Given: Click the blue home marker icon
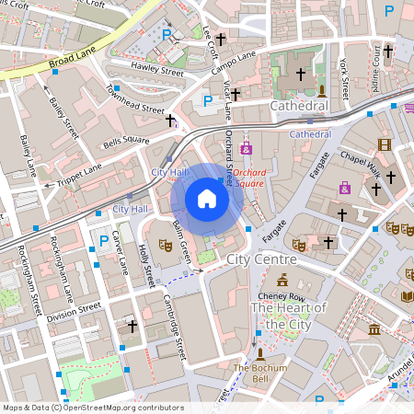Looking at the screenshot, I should (207, 199).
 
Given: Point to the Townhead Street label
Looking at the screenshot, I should (135, 100).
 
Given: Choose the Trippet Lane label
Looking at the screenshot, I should (81, 172).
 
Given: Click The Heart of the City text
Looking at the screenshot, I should (289, 316).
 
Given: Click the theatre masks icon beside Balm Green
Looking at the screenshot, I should (166, 245).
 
